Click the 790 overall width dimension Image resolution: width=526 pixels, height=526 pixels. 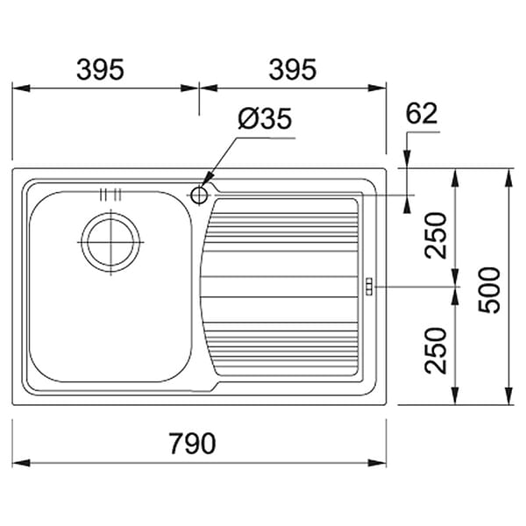(x=192, y=443)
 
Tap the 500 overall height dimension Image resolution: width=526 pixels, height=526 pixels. (x=489, y=290)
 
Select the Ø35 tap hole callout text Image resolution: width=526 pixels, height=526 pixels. (x=265, y=118)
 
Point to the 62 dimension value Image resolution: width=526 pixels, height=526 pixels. (x=422, y=113)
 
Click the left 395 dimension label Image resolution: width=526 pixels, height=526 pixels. (x=100, y=69)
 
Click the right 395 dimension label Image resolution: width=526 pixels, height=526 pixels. (x=293, y=69)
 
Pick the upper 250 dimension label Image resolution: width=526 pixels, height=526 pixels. (x=436, y=236)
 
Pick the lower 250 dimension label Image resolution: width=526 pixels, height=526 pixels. (x=436, y=351)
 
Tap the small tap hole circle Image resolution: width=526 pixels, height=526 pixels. (x=199, y=195)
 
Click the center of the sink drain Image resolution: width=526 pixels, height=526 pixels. (x=110, y=242)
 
